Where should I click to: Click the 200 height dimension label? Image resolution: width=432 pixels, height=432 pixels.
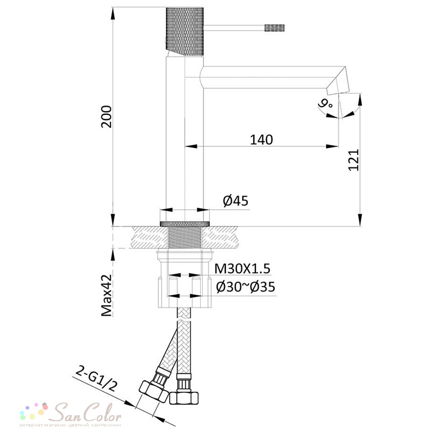106,117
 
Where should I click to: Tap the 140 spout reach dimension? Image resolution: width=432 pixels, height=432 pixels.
261,140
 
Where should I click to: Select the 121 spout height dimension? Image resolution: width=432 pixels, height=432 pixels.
354,160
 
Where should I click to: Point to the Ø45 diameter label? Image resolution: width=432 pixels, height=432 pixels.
235,200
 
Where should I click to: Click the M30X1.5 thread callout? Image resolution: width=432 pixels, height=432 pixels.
242,269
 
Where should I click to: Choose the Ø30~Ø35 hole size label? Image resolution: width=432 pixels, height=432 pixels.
245,287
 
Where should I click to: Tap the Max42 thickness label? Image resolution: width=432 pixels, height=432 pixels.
107,295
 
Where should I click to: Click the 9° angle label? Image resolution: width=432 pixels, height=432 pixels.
325,103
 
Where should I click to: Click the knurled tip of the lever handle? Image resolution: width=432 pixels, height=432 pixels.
274,28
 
